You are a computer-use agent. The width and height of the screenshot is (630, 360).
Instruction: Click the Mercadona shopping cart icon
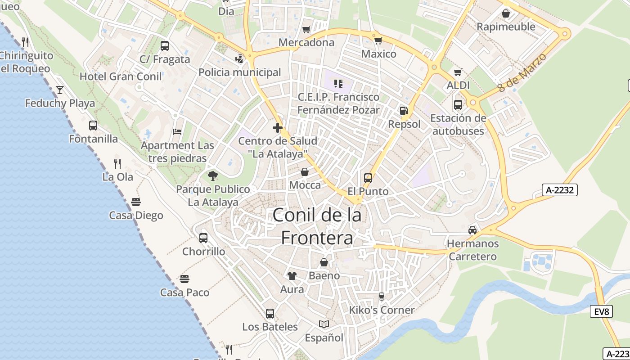306,29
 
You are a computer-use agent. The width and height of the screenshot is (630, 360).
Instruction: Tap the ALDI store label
458,85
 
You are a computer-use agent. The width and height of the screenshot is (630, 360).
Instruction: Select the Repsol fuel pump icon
404,111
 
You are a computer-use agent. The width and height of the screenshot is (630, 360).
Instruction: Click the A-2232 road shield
559,190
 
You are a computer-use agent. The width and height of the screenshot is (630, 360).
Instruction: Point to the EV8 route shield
601,311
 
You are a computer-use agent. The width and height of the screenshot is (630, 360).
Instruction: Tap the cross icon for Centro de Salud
278,128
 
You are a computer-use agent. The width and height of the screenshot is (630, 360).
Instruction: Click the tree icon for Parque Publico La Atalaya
212,176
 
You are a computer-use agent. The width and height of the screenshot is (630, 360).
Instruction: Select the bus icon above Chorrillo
203,238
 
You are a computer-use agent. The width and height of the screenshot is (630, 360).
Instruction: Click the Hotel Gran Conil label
121,76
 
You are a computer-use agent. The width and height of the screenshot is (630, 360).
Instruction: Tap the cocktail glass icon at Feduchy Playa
60,90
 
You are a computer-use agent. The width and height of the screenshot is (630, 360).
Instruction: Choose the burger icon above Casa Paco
184,279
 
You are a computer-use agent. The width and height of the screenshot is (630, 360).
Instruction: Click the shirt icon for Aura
292,275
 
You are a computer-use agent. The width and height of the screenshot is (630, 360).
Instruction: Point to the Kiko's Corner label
382,310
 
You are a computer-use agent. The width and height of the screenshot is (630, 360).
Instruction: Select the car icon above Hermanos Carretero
472,230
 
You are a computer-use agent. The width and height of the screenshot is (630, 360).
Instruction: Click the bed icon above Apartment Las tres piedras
177,132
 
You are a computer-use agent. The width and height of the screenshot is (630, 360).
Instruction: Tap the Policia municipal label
239,72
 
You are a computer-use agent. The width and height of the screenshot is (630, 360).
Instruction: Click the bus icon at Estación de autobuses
458,105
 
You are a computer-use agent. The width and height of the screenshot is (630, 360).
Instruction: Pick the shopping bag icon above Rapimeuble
506,13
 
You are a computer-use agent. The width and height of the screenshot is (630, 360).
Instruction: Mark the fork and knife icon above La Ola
117,163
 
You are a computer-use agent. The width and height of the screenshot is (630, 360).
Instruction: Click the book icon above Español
324,324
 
